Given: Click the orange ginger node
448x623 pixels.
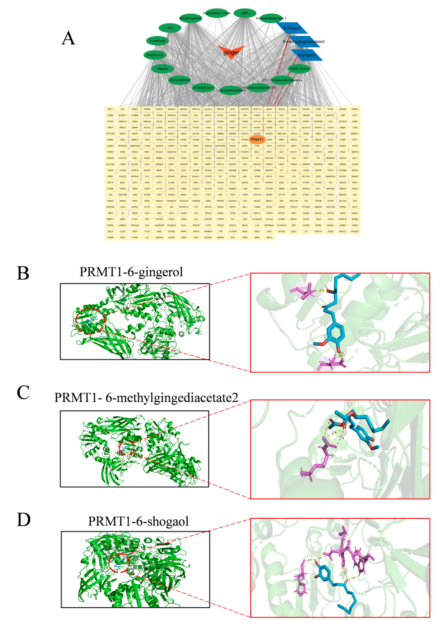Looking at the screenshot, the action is point(231,51).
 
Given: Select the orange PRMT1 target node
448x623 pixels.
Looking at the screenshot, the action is point(257,140).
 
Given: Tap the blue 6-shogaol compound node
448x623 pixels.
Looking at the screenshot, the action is point(292,28).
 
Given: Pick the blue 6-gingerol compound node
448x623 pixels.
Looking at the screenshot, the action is point(307,55).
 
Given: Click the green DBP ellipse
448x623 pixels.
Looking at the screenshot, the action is point(245,13).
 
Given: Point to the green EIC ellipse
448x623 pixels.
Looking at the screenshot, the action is point(170,28).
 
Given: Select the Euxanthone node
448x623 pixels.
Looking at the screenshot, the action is point(157,41).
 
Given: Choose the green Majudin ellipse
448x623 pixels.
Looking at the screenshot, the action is point(162,69).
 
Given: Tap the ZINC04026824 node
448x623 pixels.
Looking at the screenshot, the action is point(179,80).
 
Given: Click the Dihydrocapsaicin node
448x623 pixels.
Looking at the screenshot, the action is point(190,18).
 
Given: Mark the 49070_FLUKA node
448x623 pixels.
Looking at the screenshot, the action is point(299,69).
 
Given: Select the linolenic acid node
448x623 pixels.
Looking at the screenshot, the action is point(155,55).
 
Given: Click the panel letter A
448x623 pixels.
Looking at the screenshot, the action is point(68,38).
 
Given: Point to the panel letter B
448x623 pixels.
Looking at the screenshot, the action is point(23,273).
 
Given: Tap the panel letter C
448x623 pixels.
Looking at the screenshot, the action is point(23,392).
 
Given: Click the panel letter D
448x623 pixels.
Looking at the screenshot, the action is point(23,520).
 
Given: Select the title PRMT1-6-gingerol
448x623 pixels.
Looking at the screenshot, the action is point(131,272).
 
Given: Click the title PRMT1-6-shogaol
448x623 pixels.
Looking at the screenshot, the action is point(138,521).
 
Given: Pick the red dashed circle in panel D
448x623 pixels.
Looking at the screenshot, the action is point(119,562).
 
